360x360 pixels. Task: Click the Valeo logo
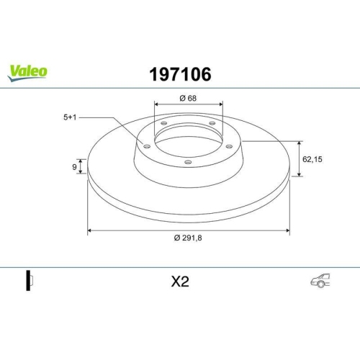coord(28,71)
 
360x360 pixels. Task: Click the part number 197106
coord(179,73)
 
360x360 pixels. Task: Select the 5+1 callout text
coord(69,117)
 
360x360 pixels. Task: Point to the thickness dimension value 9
coord(74,167)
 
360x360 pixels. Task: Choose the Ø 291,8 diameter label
coord(189,240)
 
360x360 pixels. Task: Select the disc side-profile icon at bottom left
coord(29,282)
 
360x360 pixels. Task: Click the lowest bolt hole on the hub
coord(188,162)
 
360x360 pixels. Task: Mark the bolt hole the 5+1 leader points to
coord(148,147)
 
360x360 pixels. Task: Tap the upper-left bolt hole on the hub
coord(163,124)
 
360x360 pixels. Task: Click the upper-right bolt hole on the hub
coord(212,124)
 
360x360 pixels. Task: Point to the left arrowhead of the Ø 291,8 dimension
coord(90,230)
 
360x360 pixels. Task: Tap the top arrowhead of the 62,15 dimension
coord(299,143)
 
